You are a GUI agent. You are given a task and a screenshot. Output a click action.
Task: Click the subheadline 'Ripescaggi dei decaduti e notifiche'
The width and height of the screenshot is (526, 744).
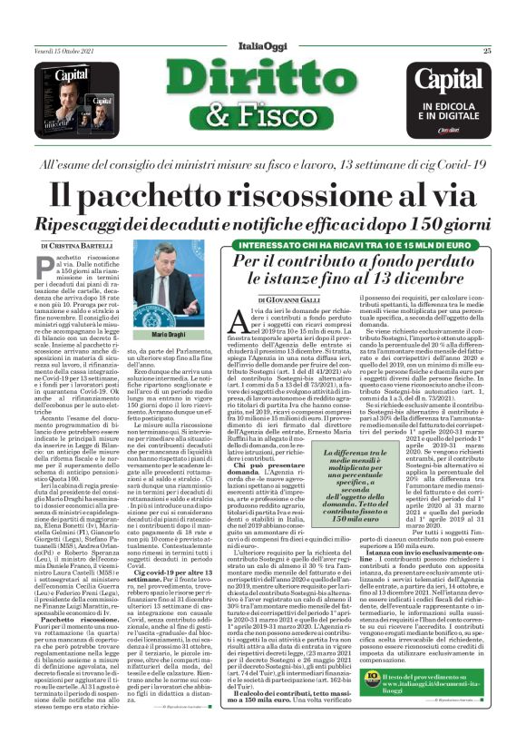[x=262, y=223]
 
